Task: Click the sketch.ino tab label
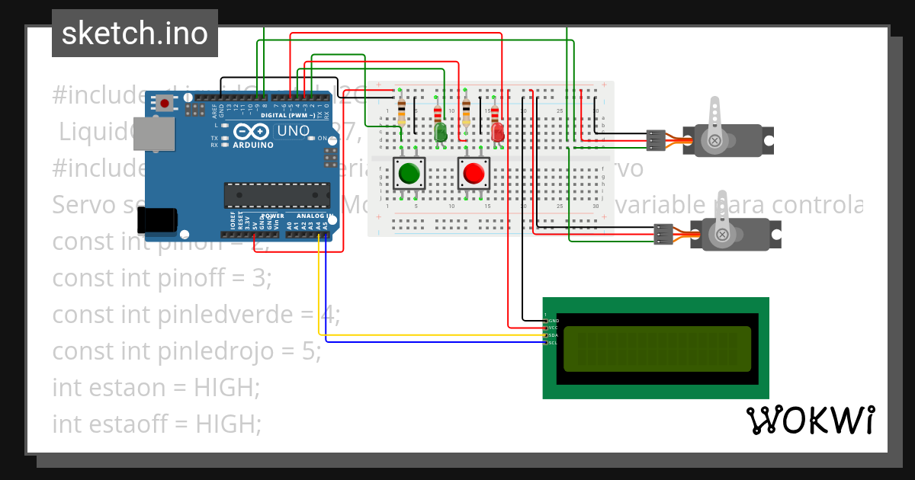tap(134, 34)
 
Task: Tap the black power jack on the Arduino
tap(157, 220)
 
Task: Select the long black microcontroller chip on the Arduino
tap(277, 195)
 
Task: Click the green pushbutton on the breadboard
tap(409, 174)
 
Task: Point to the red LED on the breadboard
tap(498, 133)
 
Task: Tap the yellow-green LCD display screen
tap(657, 349)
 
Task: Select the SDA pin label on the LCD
tap(554, 336)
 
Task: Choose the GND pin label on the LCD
tap(554, 321)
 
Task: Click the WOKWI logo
tap(810, 420)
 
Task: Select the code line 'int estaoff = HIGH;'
tap(156, 423)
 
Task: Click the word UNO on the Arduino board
tap(293, 130)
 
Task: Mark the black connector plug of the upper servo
tap(655, 139)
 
